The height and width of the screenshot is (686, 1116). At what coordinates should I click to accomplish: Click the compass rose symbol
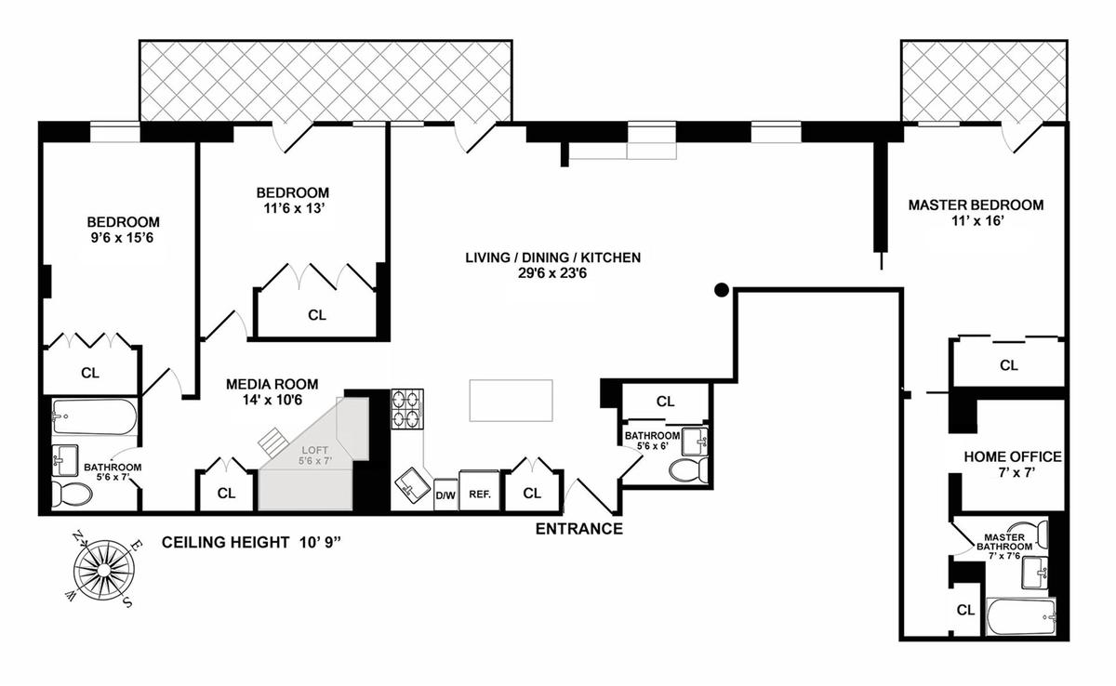[x=103, y=570]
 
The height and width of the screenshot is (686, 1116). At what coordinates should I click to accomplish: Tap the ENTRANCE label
[x=578, y=529]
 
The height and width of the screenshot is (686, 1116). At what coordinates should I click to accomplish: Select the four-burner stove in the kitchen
[x=407, y=409]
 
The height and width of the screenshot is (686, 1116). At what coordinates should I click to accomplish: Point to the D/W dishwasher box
[x=445, y=495]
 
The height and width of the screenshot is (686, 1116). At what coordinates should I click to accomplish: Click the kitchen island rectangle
[x=511, y=401]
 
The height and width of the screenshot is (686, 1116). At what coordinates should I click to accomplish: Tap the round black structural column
[x=722, y=290]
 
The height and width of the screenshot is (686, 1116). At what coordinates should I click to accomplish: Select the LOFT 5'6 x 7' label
[x=315, y=456]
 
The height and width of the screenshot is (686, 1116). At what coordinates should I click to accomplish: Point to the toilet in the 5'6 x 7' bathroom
[x=72, y=494]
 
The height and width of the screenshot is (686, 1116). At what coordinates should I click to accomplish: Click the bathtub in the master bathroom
[x=1021, y=616]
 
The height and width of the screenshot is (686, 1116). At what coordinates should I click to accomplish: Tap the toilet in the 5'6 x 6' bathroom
[x=688, y=470]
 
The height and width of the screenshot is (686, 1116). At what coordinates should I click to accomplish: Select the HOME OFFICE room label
[x=1013, y=456]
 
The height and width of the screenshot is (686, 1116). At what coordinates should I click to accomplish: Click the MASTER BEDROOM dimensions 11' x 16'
[x=976, y=220]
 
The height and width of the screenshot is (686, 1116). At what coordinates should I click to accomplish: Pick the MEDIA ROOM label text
[x=272, y=384]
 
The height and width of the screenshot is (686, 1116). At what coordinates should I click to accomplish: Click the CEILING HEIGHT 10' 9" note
[x=251, y=542]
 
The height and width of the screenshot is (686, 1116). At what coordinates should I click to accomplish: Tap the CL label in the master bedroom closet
[x=1009, y=365]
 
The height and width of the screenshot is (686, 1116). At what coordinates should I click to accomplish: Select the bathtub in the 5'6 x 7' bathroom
[x=94, y=416]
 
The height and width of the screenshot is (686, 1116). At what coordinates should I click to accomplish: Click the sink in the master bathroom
[x=1034, y=573]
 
